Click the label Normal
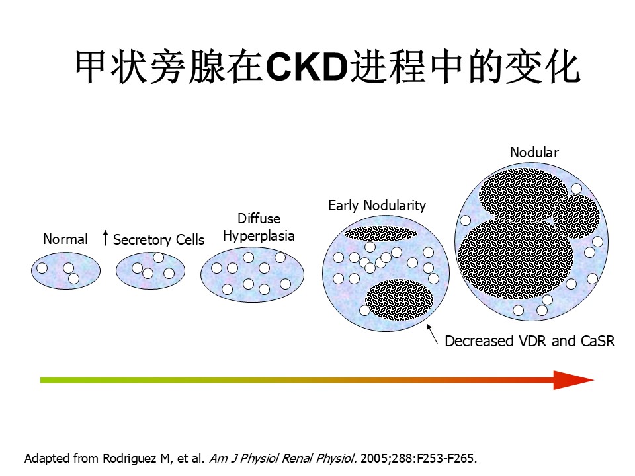click(65, 239)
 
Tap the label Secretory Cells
click(159, 239)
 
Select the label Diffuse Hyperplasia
click(259, 227)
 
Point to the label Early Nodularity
click(377, 205)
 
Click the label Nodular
click(534, 152)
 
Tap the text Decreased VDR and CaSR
click(530, 341)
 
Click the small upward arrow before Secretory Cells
click(105, 237)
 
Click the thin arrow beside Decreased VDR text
click(432, 335)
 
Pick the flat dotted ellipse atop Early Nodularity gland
click(381, 233)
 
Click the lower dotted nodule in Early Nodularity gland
click(399, 299)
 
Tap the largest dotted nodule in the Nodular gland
click(515, 258)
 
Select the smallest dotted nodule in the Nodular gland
click(576, 216)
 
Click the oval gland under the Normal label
click(65, 270)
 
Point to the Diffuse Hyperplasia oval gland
click(252, 274)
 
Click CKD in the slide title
click(307, 67)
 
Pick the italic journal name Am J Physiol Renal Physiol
click(283, 458)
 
